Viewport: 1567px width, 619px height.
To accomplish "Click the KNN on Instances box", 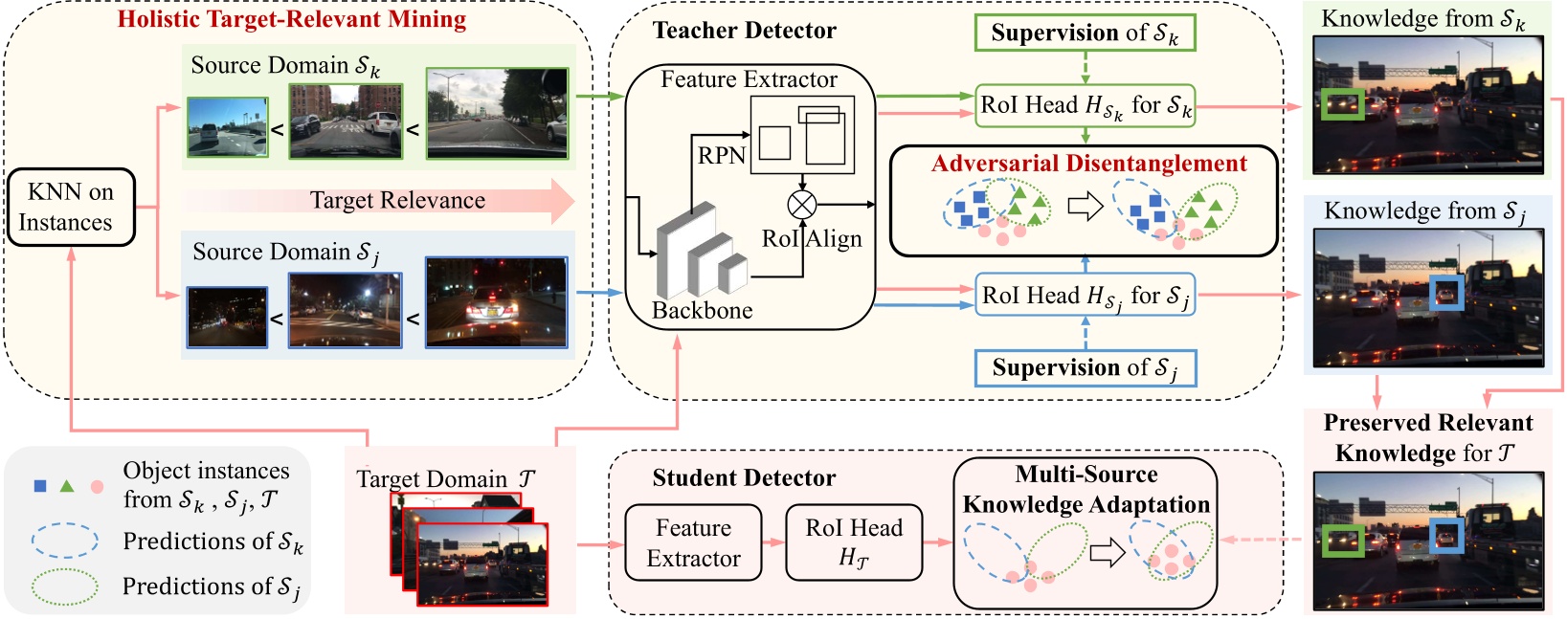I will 71,208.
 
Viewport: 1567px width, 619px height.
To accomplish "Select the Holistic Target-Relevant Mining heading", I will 291,20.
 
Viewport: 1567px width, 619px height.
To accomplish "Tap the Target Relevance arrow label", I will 397,201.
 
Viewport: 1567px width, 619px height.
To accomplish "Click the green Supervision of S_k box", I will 1085,33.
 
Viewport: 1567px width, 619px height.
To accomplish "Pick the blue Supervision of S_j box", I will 1085,368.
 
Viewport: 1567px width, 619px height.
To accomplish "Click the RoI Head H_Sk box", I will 1085,105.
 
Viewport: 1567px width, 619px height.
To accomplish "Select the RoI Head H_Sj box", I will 1085,296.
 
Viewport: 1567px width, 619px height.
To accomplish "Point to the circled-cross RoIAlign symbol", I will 801,204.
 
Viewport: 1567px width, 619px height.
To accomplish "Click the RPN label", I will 721,155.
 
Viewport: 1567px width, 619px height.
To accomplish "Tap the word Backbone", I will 702,311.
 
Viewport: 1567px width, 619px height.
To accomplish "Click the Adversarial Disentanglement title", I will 1089,164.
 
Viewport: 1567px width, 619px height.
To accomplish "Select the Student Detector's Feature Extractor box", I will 693,542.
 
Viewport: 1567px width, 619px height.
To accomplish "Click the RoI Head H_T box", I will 854,542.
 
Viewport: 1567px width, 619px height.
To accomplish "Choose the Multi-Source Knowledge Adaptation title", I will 1086,490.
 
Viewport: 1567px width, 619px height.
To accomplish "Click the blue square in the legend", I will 40,486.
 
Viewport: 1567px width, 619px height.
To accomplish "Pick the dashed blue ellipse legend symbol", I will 65,541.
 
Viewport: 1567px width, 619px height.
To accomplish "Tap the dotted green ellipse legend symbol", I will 65,586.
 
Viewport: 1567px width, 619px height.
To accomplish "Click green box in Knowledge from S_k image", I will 1341,104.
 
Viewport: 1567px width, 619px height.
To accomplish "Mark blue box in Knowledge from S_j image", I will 1445,292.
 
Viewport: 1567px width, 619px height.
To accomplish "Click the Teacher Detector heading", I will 744,31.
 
